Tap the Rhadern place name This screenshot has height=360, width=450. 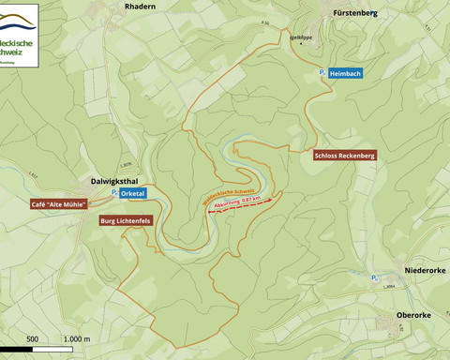coord(140,6)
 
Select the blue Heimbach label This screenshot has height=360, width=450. coord(345,72)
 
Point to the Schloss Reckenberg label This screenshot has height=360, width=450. coord(344,156)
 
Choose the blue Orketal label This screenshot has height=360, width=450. coord(133,193)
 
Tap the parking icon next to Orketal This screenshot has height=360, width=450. coord(114,193)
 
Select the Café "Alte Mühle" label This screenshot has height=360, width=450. coord(59,203)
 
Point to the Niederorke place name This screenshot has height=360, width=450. coord(424,270)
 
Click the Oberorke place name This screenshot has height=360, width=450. coord(414,315)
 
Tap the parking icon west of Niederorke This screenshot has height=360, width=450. coord(374,277)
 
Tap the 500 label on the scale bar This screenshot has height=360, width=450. coord(32,338)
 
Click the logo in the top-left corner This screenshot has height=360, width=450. coord(20,34)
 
